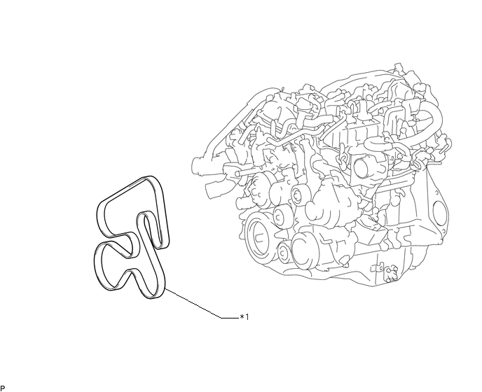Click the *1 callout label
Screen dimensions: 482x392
tap(245, 316)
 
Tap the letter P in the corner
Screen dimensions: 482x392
tap(3, 388)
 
